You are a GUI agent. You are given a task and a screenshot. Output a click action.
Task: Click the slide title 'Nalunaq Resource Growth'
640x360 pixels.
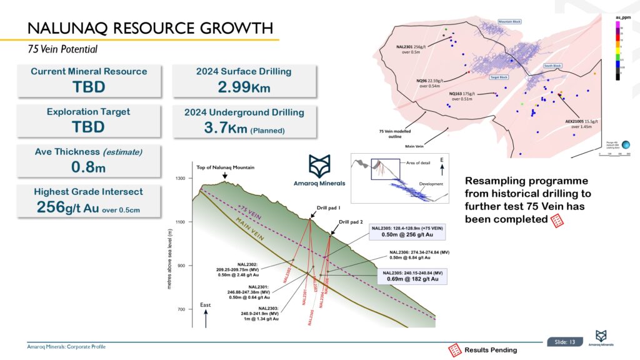pos(150,28)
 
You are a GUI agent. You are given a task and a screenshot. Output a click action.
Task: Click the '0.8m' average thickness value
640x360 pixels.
pos(89,167)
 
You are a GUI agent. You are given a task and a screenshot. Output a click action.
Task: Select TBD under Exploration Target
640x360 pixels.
pos(89,127)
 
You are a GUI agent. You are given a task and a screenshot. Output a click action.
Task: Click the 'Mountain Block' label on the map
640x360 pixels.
pos(509,22)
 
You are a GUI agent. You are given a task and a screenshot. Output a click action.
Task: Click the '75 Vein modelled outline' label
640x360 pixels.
pos(395,134)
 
